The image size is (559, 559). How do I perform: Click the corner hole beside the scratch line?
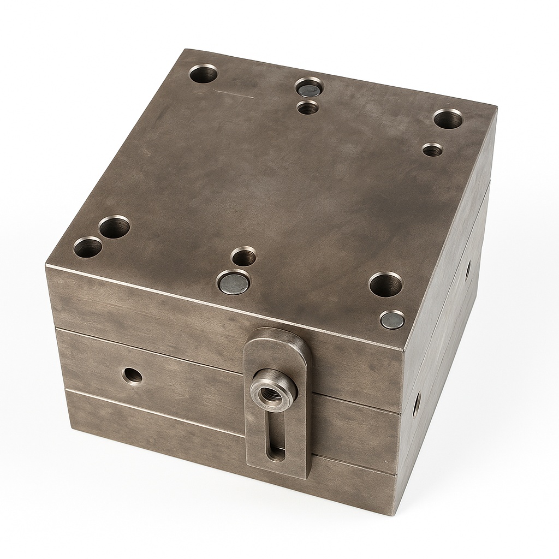coord(204,73)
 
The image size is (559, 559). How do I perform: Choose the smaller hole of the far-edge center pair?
coord(308,108)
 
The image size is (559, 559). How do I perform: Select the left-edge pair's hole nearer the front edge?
coord(88,247)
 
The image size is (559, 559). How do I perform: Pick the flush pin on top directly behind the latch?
coord(233,282)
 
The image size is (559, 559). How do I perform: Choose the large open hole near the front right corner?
coord(385,283)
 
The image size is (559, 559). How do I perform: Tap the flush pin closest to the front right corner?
coord(393,319)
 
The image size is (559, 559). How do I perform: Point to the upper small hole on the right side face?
coord(468,269)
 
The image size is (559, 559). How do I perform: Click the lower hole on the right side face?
coord(417,405)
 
